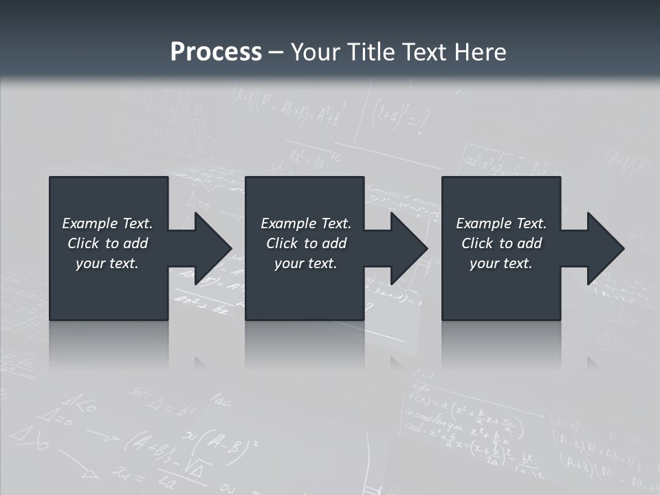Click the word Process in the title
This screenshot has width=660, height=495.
pyautogui.click(x=216, y=52)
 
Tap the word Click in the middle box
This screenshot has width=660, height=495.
pyautogui.click(x=282, y=243)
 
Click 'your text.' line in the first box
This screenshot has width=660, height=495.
pyautogui.click(x=107, y=263)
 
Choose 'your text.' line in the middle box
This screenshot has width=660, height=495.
pyautogui.click(x=305, y=263)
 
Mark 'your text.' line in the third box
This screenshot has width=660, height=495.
pyautogui.click(x=500, y=263)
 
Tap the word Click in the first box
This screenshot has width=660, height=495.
pyautogui.click(x=83, y=243)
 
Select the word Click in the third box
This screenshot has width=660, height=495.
pyautogui.click(x=477, y=243)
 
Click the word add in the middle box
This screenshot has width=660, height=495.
pyautogui.click(x=334, y=243)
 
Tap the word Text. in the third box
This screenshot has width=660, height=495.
pyautogui.click(x=531, y=223)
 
